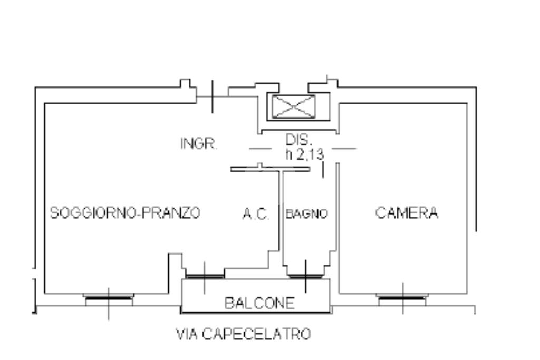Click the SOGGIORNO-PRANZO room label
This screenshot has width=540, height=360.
[125, 213]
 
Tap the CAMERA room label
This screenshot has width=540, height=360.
[407, 213]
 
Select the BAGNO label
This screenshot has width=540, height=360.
[306, 214]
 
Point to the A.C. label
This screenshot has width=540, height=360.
[256, 215]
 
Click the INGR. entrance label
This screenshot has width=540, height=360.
[199, 144]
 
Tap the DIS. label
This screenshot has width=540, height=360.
[299, 140]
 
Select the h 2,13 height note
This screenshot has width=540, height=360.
[304, 154]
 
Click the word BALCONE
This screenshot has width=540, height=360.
[259, 303]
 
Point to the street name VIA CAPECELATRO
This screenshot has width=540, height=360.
[243, 334]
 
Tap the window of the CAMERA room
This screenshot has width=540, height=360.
[402, 298]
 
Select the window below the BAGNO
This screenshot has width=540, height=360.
[305, 275]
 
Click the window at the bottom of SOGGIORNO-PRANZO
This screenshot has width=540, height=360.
[109, 298]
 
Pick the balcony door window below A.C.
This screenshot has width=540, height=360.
[205, 275]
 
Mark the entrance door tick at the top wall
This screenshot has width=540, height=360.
[212, 96]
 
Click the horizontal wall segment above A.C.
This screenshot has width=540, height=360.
[269, 169]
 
